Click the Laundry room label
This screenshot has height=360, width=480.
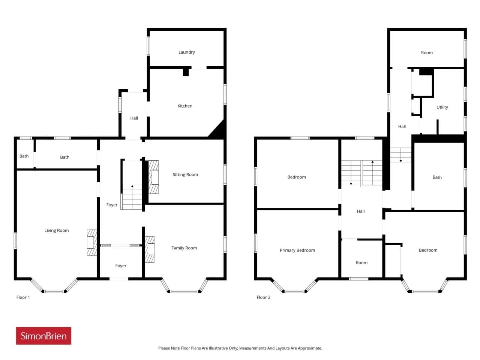[x=186, y=52]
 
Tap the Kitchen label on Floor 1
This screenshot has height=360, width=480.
[x=184, y=106]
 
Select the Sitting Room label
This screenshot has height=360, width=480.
[x=185, y=174]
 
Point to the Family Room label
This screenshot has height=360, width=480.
[x=184, y=248]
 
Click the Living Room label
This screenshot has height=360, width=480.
[x=56, y=230]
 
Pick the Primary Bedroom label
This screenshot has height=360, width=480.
[x=297, y=250]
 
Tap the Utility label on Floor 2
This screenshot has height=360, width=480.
[x=442, y=107]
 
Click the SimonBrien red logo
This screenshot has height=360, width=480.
[x=43, y=336]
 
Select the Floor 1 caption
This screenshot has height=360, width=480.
[x=23, y=297]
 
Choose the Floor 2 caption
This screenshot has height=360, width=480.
[x=263, y=297]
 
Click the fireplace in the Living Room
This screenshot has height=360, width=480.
[x=92, y=242]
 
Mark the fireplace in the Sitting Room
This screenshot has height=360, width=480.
[x=153, y=177]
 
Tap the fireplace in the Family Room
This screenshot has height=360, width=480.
[x=150, y=249]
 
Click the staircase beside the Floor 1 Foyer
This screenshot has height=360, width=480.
[x=132, y=197]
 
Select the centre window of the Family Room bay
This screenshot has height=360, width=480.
[x=184, y=291]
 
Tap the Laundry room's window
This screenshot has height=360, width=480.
[x=148, y=46]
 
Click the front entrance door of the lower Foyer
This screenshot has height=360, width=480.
[x=119, y=279]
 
